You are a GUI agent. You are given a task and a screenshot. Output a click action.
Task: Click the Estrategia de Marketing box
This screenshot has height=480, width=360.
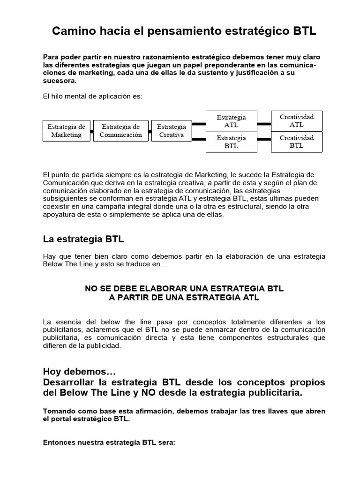67,131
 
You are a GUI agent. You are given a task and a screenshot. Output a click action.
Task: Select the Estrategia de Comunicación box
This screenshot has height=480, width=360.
120,131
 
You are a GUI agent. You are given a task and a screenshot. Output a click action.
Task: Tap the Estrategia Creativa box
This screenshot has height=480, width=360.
171,131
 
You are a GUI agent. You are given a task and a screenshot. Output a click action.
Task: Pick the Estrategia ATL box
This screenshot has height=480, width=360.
231,121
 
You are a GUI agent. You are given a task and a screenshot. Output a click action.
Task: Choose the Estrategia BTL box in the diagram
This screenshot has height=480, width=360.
231,142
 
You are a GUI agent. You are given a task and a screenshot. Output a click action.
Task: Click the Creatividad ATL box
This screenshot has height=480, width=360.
296,121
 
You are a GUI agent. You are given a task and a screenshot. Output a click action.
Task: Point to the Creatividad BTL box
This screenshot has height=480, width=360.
296,142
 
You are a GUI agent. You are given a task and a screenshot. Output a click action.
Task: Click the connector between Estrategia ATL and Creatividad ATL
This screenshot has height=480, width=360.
264,124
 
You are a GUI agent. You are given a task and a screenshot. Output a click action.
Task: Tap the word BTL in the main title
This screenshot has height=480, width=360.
304,31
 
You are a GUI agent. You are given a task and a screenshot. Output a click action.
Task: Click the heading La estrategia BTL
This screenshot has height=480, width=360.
83,239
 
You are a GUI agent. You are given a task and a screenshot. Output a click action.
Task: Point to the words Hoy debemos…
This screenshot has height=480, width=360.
79,372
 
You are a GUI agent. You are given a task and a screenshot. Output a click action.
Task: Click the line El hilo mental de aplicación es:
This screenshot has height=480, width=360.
92,96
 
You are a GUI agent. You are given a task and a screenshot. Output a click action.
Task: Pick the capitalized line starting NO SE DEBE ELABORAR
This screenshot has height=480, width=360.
184,288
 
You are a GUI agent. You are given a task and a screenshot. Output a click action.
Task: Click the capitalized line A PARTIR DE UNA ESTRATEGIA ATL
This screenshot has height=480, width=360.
184,297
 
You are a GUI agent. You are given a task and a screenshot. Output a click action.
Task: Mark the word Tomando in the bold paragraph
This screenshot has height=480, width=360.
59,411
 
